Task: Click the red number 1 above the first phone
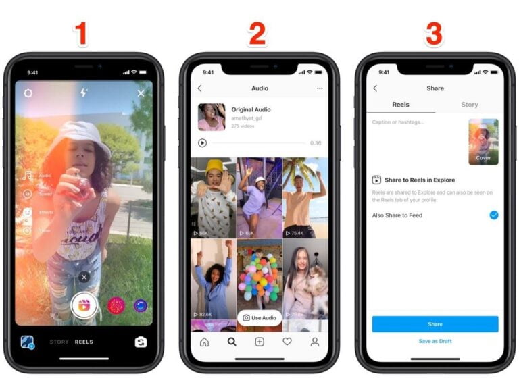(82, 34)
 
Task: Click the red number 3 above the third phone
(434, 34)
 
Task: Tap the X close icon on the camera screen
(141, 93)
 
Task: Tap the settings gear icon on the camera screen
(28, 93)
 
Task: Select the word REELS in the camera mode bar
(84, 342)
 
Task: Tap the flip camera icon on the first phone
(140, 342)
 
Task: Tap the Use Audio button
(259, 317)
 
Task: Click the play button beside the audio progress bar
(202, 143)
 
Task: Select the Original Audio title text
(251, 109)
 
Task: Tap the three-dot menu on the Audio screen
(320, 88)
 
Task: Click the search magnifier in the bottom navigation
(232, 342)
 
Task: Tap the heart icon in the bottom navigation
(287, 342)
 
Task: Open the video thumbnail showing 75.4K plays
(305, 198)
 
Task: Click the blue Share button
(435, 324)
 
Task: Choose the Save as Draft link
(435, 341)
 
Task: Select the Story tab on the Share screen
(469, 105)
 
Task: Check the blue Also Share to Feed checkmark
(494, 215)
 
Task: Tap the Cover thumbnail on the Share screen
(483, 142)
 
